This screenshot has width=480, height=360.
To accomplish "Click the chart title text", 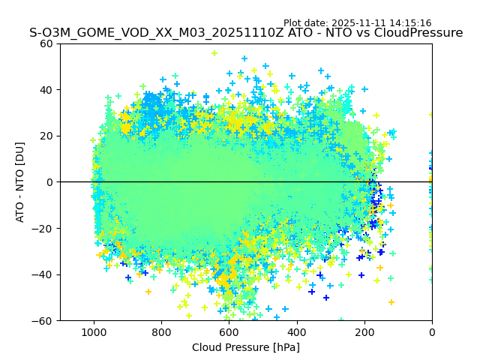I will tap(246, 33).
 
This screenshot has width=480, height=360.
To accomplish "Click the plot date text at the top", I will tap(357, 23).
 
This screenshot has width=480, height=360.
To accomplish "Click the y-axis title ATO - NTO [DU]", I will tap(20, 181).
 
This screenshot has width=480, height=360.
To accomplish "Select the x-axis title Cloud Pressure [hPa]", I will tap(246, 347).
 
